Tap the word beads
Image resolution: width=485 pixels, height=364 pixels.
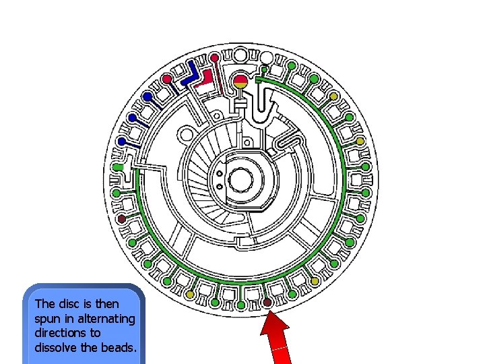[x=123, y=347]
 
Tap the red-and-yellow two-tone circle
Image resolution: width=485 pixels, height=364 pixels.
[x=240, y=83]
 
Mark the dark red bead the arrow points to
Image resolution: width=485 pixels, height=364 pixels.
[x=267, y=303]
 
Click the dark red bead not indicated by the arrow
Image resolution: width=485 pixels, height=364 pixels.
[x=121, y=219]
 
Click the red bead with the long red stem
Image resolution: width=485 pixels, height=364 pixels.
[x=214, y=57]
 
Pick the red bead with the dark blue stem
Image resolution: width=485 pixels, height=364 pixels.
[x=167, y=79]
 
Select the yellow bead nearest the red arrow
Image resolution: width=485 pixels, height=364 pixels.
[x=313, y=280]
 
